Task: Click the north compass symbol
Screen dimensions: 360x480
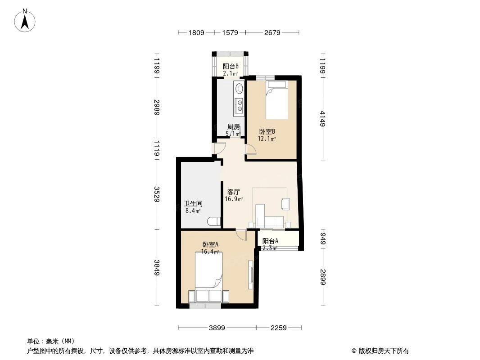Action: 26,20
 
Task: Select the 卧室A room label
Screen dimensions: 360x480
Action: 210,245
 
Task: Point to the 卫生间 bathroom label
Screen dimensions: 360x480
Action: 193,203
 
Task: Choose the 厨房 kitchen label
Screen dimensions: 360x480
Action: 233,127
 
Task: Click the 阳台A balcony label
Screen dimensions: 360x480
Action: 270,241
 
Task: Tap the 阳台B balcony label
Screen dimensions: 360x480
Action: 230,67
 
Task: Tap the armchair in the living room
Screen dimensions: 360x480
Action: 286,203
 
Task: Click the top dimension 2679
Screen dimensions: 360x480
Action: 272,32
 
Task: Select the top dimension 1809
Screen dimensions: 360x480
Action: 196,32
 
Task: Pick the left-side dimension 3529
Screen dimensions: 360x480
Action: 157,194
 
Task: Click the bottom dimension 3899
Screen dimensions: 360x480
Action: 217,328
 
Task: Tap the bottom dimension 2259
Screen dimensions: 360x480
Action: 278,328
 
